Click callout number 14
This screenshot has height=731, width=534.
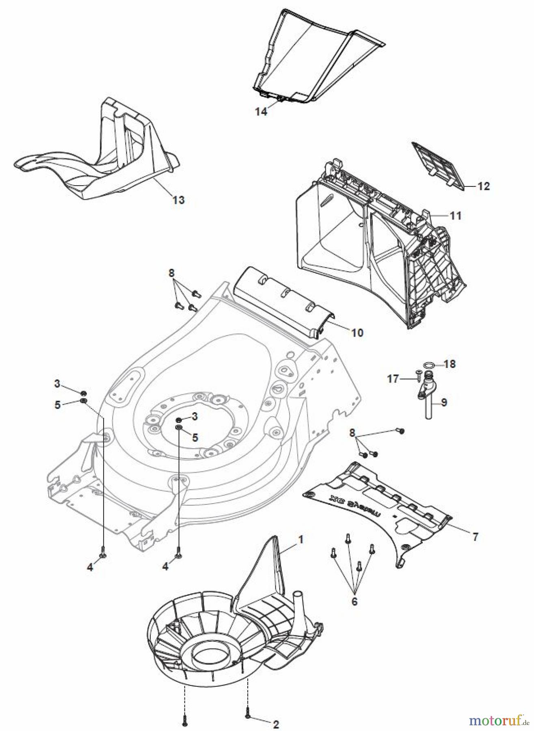click(x=261, y=112)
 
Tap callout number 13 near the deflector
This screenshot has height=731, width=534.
click(x=178, y=200)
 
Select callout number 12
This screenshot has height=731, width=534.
click(x=483, y=186)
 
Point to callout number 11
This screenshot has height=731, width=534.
click(x=456, y=216)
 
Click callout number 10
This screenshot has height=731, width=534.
click(x=357, y=333)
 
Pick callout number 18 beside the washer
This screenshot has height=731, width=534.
click(x=450, y=364)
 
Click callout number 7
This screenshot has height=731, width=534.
click(x=475, y=537)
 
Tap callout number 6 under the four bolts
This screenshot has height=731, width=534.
click(x=354, y=601)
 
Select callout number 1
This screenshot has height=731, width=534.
click(x=301, y=540)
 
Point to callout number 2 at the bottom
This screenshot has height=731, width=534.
click(x=276, y=713)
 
